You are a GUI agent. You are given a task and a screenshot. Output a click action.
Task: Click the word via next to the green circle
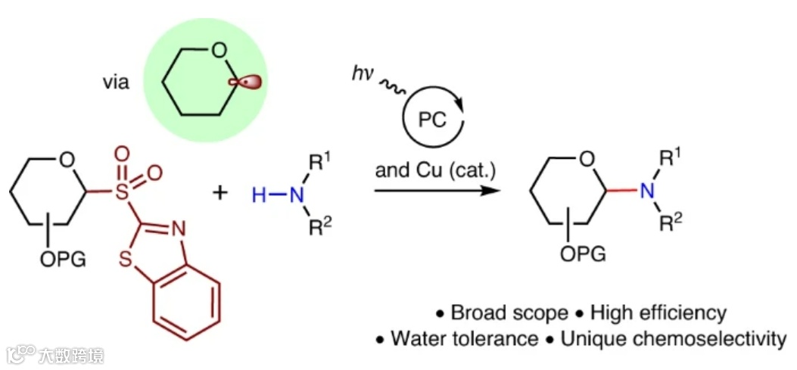116,82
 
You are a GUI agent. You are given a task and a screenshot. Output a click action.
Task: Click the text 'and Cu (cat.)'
435,169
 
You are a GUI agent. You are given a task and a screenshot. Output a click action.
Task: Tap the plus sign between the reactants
220,191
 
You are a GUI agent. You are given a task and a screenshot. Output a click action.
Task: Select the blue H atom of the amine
259,195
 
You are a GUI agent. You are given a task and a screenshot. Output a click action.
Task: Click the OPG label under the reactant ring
61,262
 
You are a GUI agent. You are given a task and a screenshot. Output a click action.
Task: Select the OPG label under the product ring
583,254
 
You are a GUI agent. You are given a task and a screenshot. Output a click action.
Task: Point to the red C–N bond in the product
620,191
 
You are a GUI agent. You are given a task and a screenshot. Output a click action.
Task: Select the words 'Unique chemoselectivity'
673,338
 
